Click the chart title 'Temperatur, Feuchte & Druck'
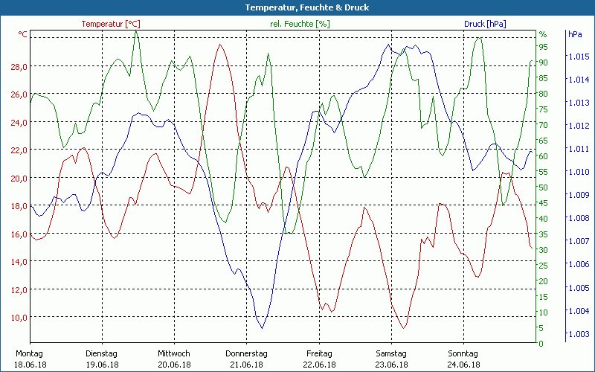tap(297, 7)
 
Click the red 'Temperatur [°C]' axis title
tap(110, 24)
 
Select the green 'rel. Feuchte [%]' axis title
tap(299, 24)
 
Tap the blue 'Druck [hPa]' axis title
tap(485, 24)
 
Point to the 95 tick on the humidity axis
tap(543, 47)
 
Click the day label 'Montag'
tap(29, 353)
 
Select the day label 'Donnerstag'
tap(246, 353)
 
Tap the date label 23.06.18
tap(391, 365)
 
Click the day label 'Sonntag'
tap(463, 353)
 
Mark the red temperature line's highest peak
tap(219, 45)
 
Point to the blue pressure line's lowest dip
tap(262, 327)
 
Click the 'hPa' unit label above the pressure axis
tap(575, 34)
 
